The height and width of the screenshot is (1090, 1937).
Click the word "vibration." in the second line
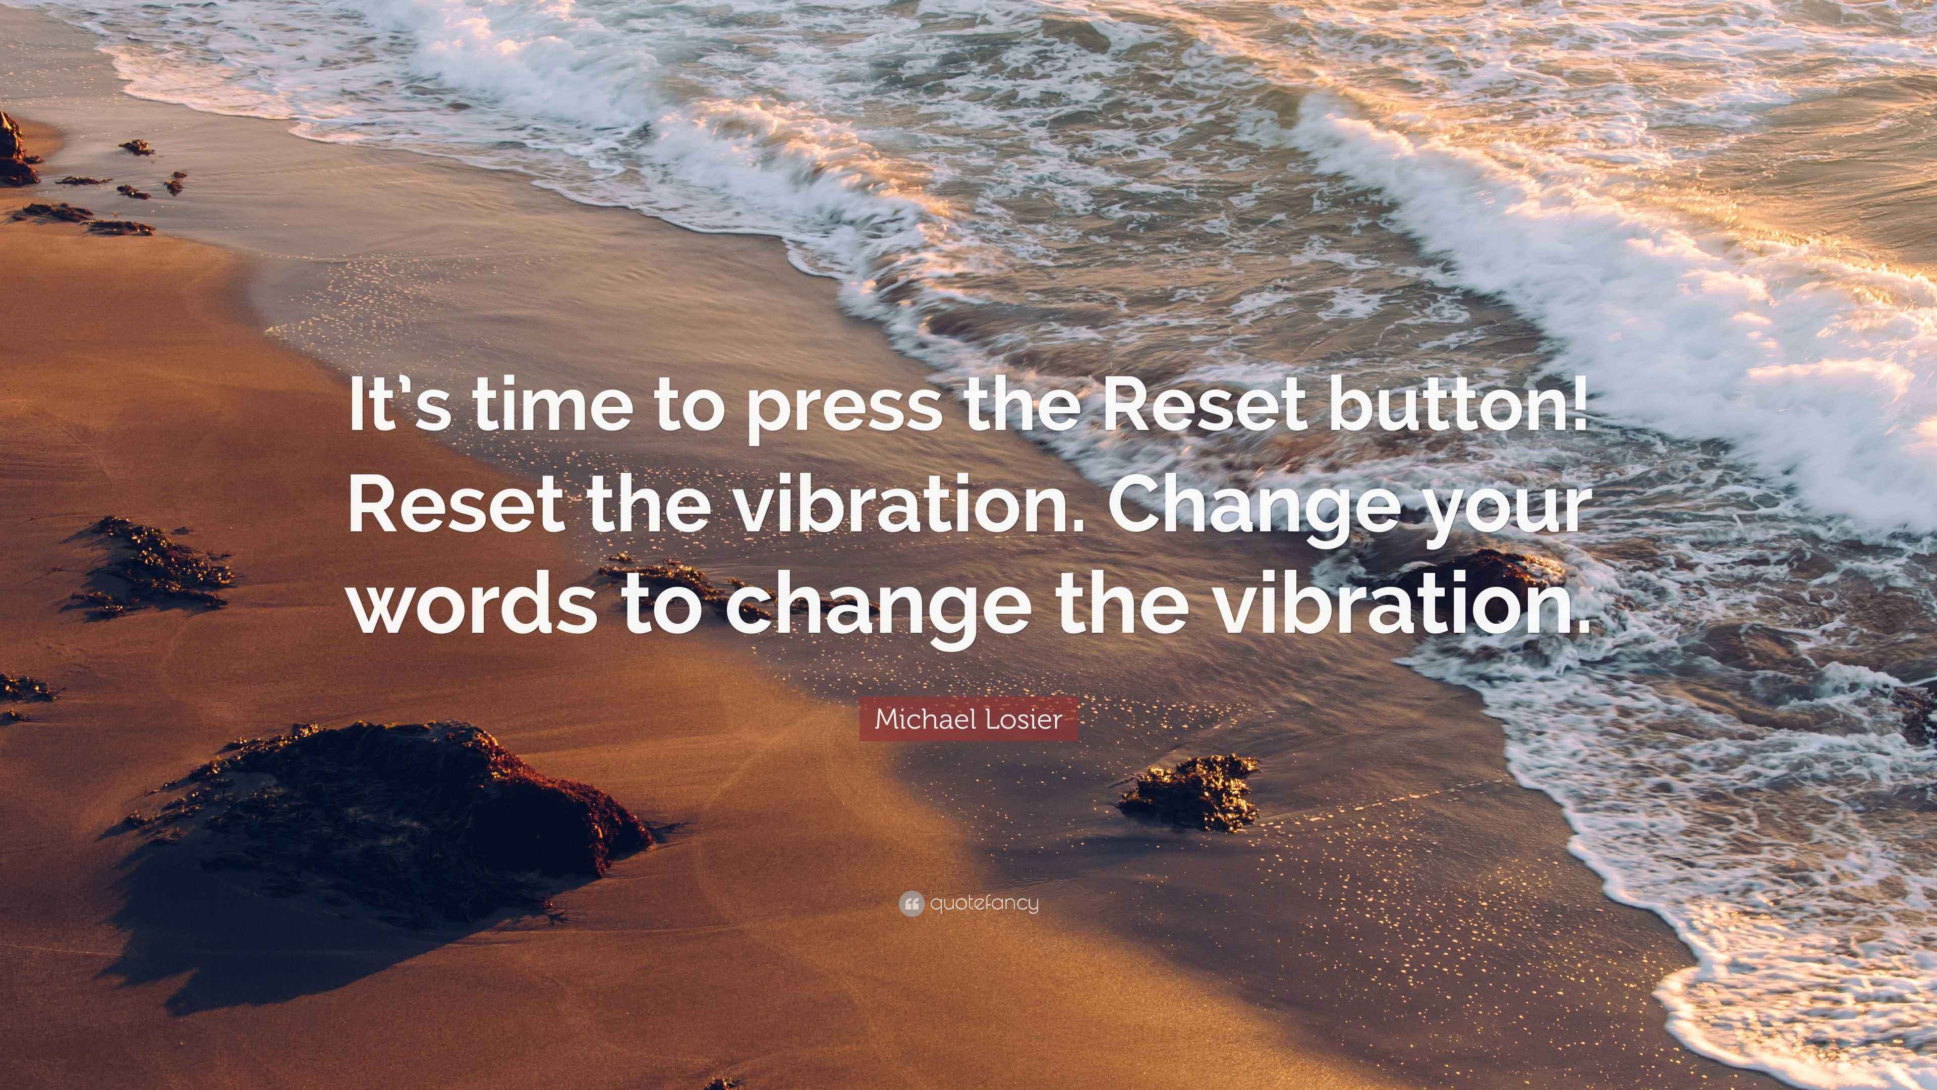pyautogui.click(x=903, y=507)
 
